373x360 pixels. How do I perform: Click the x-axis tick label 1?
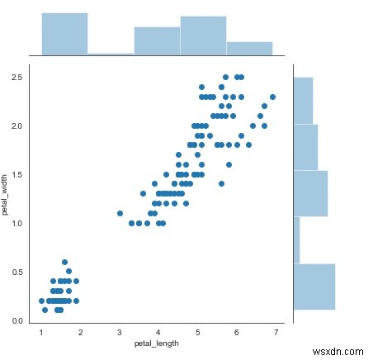point(41,333)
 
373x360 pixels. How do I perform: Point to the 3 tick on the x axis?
point(120,333)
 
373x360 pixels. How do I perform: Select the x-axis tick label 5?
point(197,333)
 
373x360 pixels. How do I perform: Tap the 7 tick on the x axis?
point(275,333)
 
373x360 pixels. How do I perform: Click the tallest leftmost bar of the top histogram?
point(64,34)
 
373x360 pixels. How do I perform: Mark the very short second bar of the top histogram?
point(111,54)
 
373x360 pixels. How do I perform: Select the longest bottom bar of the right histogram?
point(314,287)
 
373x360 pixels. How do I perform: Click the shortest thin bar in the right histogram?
point(296,239)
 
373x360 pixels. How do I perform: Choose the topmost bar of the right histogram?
point(303,99)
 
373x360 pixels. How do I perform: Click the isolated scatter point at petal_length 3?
point(120,213)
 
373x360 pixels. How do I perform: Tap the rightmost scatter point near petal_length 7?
point(272,97)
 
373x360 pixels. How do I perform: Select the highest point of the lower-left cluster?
point(64,262)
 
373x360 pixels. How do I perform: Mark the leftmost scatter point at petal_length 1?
point(41,301)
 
